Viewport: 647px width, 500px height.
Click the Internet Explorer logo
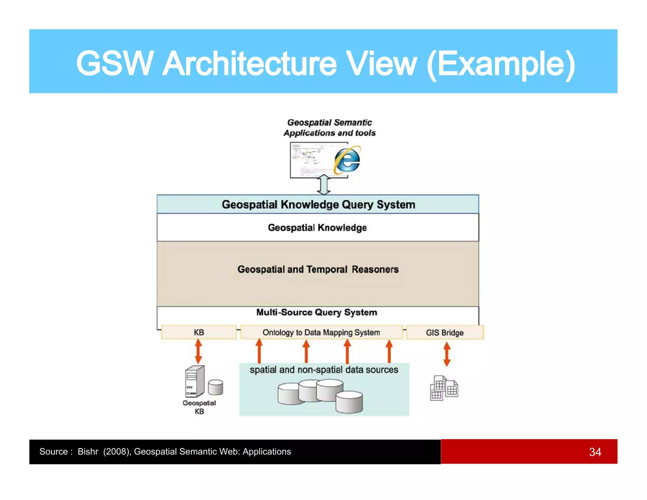(347, 160)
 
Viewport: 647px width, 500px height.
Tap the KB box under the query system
(199, 332)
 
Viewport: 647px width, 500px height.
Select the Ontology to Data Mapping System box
(321, 332)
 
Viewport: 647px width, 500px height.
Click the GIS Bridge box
(444, 332)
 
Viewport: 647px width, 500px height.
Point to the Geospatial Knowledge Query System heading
(318, 204)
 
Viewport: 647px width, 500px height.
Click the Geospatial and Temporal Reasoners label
(318, 269)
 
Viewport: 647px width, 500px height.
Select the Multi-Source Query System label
(317, 312)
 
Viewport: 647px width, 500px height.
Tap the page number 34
(595, 452)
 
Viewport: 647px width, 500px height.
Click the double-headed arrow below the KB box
(198, 351)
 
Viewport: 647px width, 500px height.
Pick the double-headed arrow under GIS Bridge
(447, 354)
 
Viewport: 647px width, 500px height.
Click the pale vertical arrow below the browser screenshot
(324, 185)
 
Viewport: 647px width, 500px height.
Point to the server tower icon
(195, 381)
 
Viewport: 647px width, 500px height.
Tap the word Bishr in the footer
(88, 452)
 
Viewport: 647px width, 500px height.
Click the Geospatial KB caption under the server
(199, 407)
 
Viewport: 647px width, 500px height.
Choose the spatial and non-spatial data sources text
(324, 370)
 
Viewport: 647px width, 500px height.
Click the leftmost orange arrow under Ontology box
(259, 351)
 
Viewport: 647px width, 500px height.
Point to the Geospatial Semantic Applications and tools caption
(330, 128)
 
